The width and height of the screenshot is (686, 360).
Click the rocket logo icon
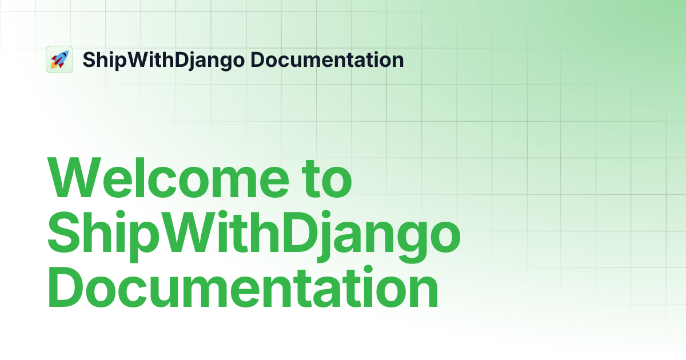(59, 59)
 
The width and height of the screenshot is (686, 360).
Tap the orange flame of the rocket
(53, 65)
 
